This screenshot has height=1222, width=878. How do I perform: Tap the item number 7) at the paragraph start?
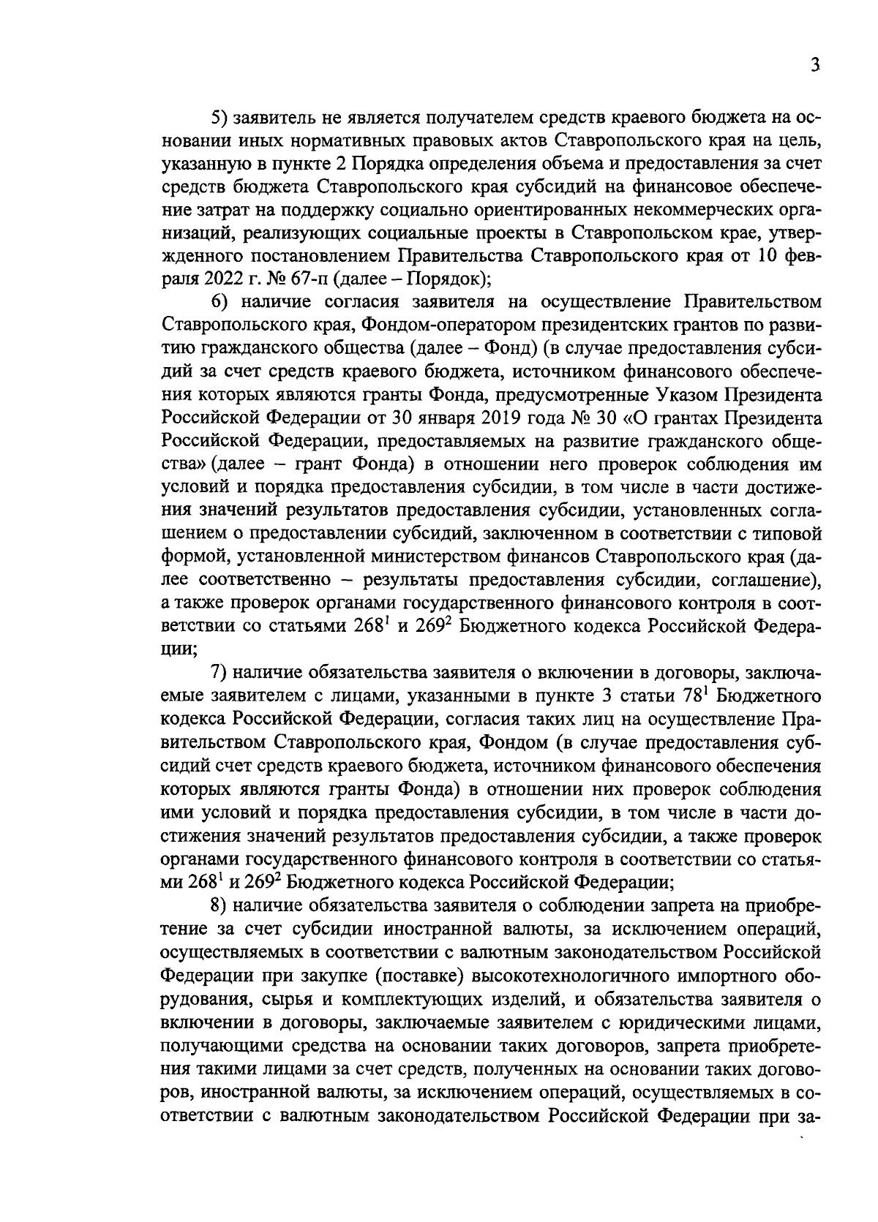coord(219,672)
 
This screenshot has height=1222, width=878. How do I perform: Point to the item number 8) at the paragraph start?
coord(219,905)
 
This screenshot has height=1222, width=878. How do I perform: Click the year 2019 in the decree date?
coord(522,418)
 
